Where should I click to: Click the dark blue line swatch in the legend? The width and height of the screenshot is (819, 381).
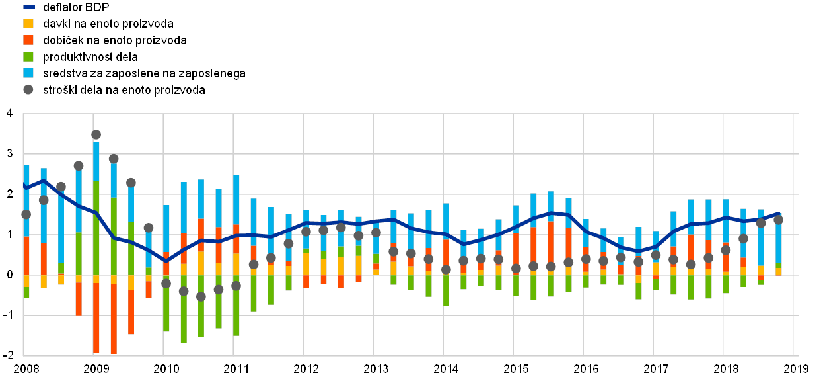[x=28, y=7]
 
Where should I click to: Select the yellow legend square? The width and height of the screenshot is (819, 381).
[x=28, y=24]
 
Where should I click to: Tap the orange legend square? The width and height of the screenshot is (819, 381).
[x=28, y=40]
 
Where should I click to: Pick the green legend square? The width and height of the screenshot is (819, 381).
[x=28, y=57]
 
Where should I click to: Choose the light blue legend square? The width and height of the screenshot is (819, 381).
[x=28, y=73]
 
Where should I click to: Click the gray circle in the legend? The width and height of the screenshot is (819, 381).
[x=28, y=90]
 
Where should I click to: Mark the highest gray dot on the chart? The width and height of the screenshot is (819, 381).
[x=96, y=134]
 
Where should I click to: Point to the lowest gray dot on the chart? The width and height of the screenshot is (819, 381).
[x=201, y=297]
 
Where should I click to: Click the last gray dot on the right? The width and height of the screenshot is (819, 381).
[x=778, y=220]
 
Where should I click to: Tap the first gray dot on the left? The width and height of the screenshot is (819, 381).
[x=26, y=214]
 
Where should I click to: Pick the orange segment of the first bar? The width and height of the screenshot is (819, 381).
[x=26, y=255]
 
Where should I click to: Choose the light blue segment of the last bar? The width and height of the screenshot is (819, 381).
[x=778, y=238]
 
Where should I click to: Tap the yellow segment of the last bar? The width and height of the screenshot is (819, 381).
[x=778, y=271]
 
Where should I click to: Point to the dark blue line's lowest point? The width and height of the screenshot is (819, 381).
[x=166, y=261]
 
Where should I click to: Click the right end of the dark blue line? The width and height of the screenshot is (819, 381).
[x=780, y=213]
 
